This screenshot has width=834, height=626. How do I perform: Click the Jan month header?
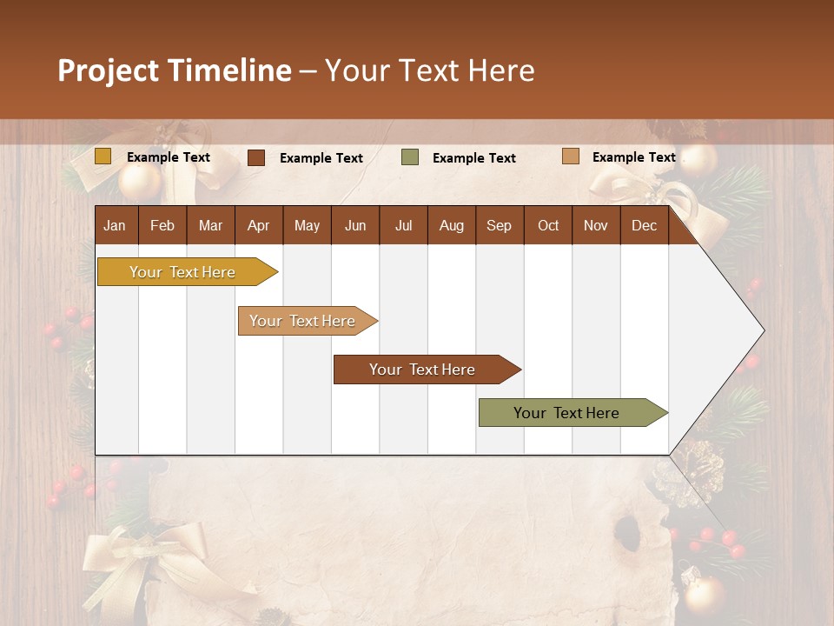115,225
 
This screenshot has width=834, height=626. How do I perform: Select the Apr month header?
258,225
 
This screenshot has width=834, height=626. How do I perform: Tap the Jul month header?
403,225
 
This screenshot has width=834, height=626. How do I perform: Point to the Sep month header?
499,225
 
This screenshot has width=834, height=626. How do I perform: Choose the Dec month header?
644,225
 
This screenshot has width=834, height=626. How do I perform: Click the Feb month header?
162,225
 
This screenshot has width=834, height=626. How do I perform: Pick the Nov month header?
595,225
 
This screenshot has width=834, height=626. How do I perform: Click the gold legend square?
103,156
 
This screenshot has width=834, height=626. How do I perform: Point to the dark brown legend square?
256,157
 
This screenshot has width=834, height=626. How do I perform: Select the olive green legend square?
410,157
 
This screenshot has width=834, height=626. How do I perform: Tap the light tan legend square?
570,156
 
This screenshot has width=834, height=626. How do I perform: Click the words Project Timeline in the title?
175,70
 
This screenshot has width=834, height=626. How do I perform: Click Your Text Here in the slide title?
429,70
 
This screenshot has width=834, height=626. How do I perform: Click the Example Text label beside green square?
473,158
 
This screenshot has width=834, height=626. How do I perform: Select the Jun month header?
354,225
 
